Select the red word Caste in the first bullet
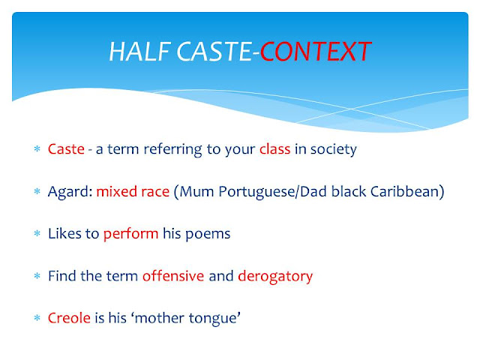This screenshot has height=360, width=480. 65,149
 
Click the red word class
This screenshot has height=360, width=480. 274,149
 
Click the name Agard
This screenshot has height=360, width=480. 69,192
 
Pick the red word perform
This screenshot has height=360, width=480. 130,234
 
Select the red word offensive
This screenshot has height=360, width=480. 173,276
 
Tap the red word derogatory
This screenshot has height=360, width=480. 275,276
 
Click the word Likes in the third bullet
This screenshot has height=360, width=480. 64,234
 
